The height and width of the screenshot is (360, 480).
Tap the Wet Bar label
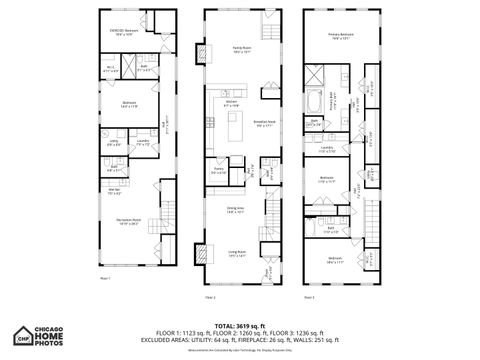[115, 193]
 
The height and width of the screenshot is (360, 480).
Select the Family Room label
[242, 47]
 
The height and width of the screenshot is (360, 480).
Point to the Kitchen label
[232, 103]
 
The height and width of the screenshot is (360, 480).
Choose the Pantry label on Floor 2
[218, 171]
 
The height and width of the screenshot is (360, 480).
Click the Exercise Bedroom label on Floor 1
[123, 33]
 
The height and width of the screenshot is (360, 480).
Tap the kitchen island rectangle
[236, 126]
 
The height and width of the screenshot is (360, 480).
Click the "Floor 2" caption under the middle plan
[210, 297]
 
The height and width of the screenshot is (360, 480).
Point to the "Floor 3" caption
[309, 297]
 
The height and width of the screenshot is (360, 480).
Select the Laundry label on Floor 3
[327, 147]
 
